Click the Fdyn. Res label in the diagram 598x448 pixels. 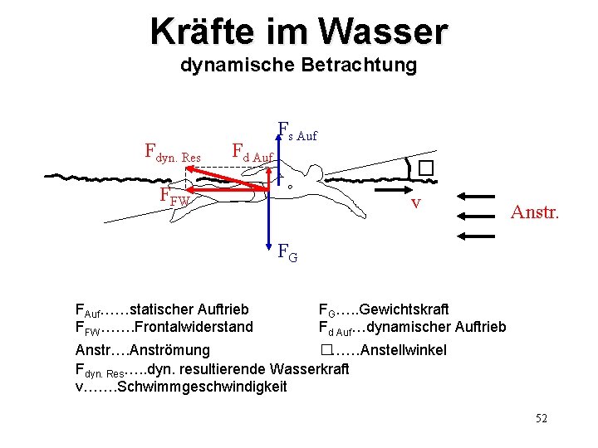point(173,153)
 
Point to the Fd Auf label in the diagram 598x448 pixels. point(252,153)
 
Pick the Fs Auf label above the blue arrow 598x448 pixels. point(297,131)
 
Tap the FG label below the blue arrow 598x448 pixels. point(287,251)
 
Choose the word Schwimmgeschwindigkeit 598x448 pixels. point(203,387)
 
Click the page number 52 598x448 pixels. point(541,418)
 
